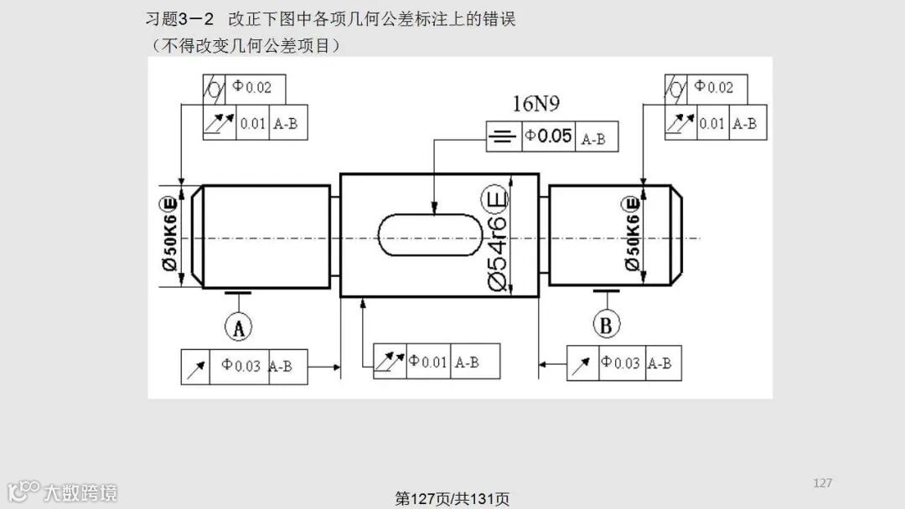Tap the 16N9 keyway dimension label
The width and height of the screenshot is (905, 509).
pyautogui.click(x=536, y=104)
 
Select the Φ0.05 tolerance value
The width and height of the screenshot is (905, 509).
pyautogui.click(x=549, y=136)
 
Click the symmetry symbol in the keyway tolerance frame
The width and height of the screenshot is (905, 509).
pyautogui.click(x=503, y=136)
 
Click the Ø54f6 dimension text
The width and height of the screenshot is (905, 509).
pyautogui.click(x=496, y=254)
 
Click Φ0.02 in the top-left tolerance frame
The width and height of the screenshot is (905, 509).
pyautogui.click(x=252, y=87)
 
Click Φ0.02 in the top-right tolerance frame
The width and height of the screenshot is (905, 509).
pyautogui.click(x=713, y=87)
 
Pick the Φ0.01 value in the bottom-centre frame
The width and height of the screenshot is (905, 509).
pyautogui.click(x=428, y=362)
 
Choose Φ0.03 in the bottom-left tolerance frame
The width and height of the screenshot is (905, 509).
pyautogui.click(x=241, y=366)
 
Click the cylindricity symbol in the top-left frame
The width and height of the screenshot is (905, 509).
pyautogui.click(x=215, y=88)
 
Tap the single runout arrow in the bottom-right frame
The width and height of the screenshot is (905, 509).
pyautogui.click(x=582, y=364)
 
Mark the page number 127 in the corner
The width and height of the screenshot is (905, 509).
pyautogui.click(x=822, y=483)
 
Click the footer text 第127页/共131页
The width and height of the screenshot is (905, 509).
pyautogui.click(x=452, y=499)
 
